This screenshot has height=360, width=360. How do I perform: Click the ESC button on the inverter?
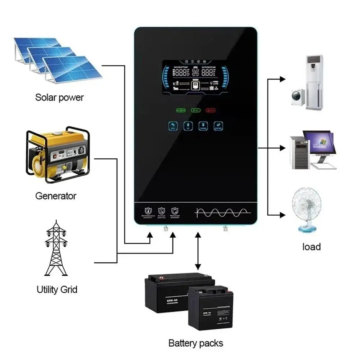tap(173, 126)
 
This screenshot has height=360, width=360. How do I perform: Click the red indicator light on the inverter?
tap(211, 110)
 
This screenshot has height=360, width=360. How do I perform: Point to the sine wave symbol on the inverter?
tap(221, 212)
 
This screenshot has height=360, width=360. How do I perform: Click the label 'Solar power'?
tap(59, 97)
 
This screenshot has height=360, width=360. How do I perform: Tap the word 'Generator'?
tap(56, 196)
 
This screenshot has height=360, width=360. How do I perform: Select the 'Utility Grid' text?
tap(57, 289)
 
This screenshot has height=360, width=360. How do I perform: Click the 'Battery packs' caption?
tap(196, 343)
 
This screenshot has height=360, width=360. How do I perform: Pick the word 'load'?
tap(311, 247)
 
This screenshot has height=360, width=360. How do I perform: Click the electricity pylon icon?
tap(56, 248)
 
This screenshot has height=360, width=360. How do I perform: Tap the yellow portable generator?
tap(58, 155)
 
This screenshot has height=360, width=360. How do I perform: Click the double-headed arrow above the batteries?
tap(198, 251)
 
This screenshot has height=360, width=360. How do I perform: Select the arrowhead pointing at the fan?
tap(282, 215)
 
